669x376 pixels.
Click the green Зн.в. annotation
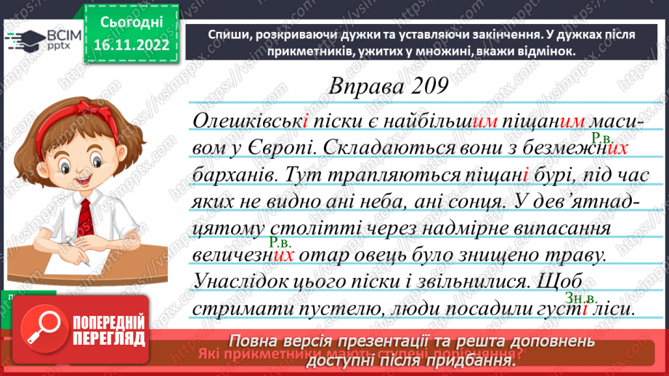click(580, 298)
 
